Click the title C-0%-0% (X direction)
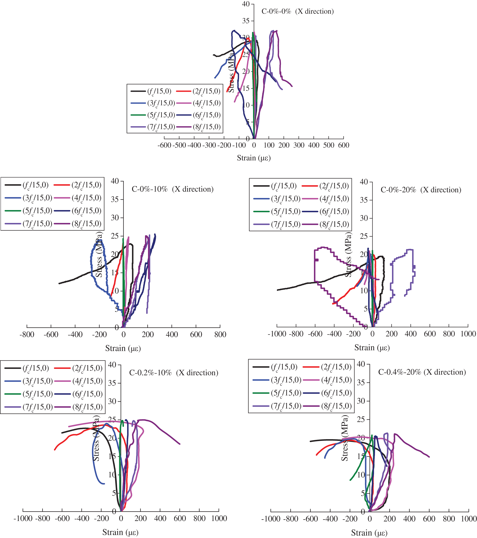point(297,12)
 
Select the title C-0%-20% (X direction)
point(421,190)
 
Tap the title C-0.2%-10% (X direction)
point(173,373)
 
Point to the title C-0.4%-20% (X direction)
point(422,372)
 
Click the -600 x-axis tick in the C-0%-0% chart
point(164,145)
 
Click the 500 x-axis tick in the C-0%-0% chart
point(329,145)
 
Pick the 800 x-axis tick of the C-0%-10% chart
point(220,335)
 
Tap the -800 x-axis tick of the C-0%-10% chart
point(27,335)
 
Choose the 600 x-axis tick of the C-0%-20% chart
point(430,334)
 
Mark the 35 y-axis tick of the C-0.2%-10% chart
point(112,383)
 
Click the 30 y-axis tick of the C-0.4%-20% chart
point(361,401)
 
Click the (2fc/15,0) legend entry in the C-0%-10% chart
point(78,185)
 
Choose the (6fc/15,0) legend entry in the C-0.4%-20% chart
point(327,393)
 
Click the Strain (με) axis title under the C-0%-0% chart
point(254,158)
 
